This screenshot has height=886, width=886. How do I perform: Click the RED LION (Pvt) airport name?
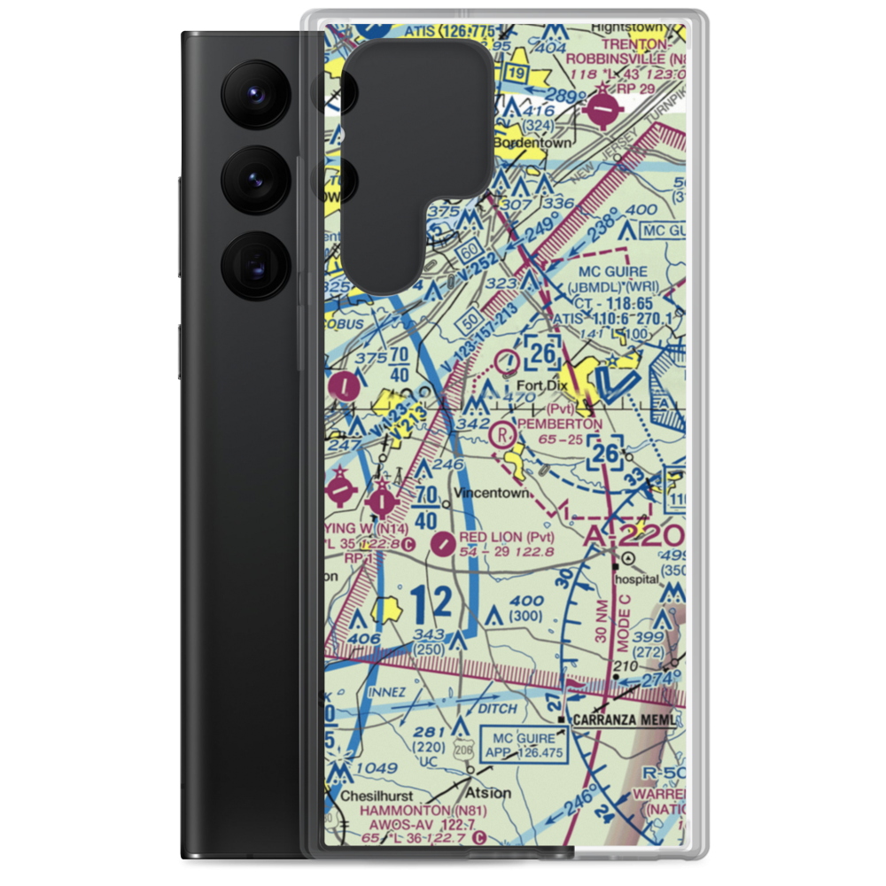506,538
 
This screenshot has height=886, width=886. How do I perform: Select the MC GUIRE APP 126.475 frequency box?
525,744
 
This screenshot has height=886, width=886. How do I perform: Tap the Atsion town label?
488,792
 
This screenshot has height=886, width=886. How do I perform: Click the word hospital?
637,579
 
